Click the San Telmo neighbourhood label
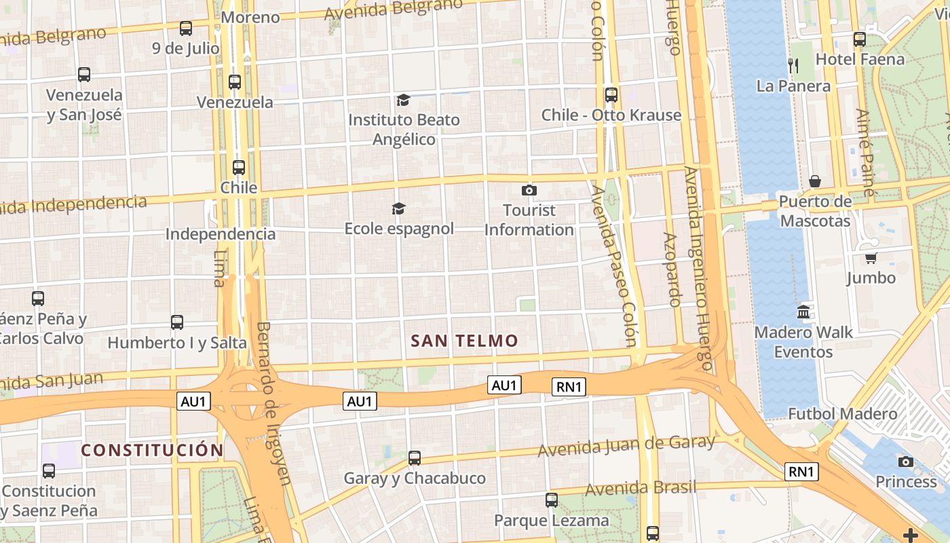465,341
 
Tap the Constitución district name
152,450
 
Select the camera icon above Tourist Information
529,191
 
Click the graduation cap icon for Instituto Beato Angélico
404,100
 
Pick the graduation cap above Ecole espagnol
399,208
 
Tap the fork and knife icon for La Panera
793,65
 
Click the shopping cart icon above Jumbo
871,258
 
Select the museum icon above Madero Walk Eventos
803,312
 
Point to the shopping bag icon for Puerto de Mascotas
815,181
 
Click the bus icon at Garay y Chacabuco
415,458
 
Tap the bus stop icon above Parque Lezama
552,500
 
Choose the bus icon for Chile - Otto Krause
611,95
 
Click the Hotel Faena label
860,59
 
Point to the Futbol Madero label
842,413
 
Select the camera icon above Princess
905,462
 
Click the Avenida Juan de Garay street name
626,446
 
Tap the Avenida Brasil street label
641,488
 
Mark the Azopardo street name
671,269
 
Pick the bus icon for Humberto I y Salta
177,322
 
